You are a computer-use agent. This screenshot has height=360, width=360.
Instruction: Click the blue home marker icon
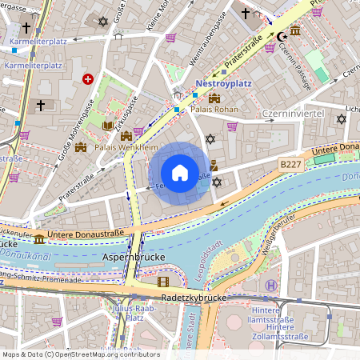pos(180,173)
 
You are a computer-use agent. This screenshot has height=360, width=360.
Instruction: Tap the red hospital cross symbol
pos(87,79)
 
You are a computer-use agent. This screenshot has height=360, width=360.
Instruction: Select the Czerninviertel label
pos(292,114)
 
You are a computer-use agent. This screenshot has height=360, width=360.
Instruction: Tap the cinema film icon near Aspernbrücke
pos(163,281)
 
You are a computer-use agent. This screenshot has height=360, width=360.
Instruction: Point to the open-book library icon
pos(109,126)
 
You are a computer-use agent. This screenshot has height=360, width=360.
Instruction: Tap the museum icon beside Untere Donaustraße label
pos(39,239)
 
